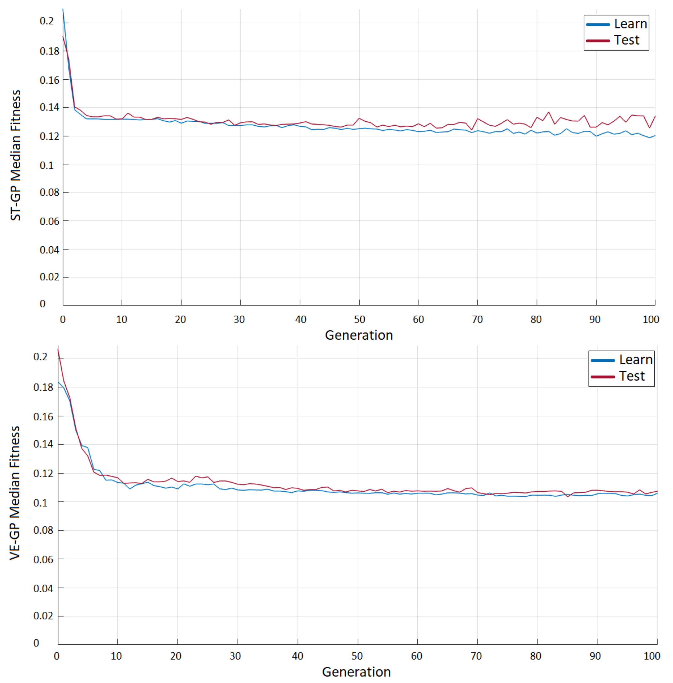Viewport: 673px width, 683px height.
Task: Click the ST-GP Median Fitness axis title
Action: (x=16, y=156)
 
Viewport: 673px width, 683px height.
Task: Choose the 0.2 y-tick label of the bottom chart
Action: (x=40, y=357)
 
